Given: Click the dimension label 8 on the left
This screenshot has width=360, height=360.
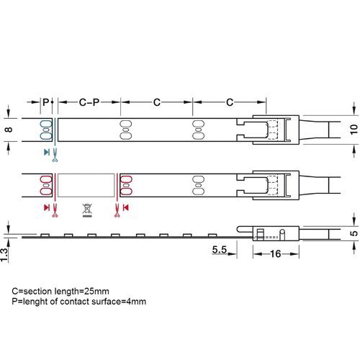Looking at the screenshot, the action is (x=9, y=130).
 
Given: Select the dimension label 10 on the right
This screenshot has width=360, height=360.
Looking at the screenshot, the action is (x=354, y=130).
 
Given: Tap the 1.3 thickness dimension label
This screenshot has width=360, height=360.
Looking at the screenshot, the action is (x=4, y=255).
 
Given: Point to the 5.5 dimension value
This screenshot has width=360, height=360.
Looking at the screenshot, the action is (x=220, y=250).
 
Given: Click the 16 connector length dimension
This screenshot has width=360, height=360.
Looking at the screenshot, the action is (x=276, y=254).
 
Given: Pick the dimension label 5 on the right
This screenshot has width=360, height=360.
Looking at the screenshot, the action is (x=354, y=233).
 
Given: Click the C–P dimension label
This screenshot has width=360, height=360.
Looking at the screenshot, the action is (x=89, y=102).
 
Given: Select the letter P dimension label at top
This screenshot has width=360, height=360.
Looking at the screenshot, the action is (x=45, y=102).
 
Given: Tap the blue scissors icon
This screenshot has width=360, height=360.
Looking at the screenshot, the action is (x=55, y=155).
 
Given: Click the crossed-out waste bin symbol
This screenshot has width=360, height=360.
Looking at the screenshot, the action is (x=87, y=210).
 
